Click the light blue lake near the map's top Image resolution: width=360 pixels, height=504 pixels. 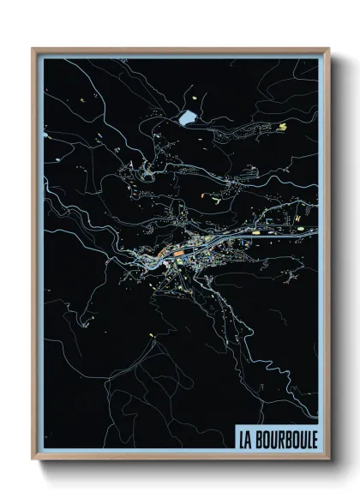[188, 116]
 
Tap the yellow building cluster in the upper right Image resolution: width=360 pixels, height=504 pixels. [282, 127]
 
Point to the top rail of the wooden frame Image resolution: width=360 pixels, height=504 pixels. [180, 49]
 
